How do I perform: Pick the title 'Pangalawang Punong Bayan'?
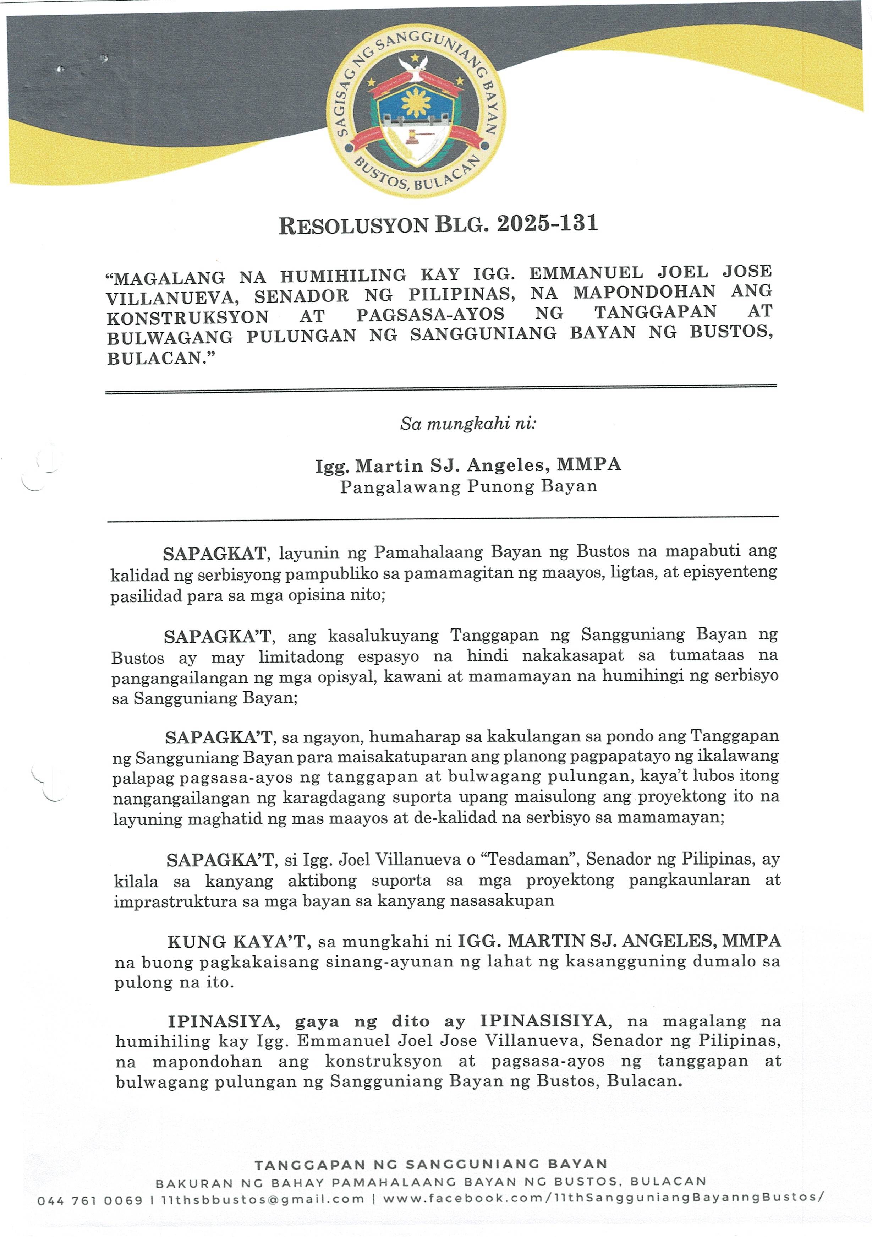click(x=468, y=486)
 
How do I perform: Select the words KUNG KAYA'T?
click(x=237, y=942)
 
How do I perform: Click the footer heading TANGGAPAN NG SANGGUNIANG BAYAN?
click(x=431, y=1164)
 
